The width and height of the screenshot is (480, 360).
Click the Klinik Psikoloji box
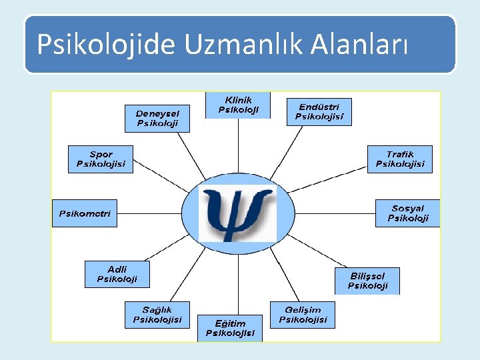click(237, 105)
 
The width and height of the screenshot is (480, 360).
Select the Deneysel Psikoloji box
click(157, 118)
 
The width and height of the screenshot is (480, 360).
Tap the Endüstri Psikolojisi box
click(319, 111)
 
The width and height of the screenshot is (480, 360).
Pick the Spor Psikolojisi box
click(101, 159)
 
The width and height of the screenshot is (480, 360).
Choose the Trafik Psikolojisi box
click(399, 159)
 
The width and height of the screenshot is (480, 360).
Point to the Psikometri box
click(85, 213)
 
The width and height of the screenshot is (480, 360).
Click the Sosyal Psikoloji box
click(407, 213)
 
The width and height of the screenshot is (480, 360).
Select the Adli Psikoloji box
click(117, 274)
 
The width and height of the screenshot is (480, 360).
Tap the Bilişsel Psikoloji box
click(367, 281)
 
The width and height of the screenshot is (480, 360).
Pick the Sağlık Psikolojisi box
click(157, 314)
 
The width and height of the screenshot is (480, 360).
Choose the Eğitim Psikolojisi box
click(230, 328)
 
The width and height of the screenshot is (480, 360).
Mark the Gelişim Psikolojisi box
click(303, 314)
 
